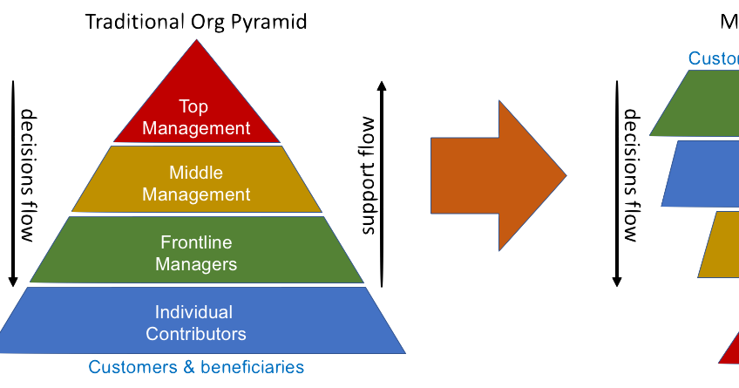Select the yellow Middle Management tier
pos(197,180)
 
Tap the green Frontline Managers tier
pos(197,252)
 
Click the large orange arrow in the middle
pos(498,175)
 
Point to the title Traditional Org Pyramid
pos(196,22)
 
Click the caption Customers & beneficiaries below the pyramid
pos(196,367)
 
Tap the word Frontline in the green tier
pos(196,242)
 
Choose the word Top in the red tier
pos(193,106)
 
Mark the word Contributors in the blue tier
pos(196,334)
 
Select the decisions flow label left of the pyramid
pos(26,175)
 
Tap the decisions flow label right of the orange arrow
pos(631,175)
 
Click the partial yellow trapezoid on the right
pos(719,244)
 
